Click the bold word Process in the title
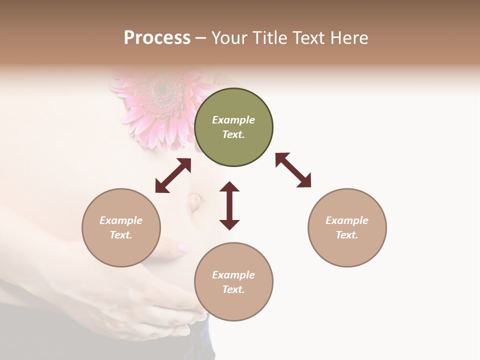157,38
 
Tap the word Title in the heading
267,38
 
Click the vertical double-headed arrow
229,205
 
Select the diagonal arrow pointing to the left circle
173,175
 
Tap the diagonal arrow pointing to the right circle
293,170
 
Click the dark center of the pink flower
161,90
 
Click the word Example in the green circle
233,120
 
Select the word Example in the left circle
121,220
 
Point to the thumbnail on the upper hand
182,247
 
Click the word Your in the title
229,38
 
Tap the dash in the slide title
201,38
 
